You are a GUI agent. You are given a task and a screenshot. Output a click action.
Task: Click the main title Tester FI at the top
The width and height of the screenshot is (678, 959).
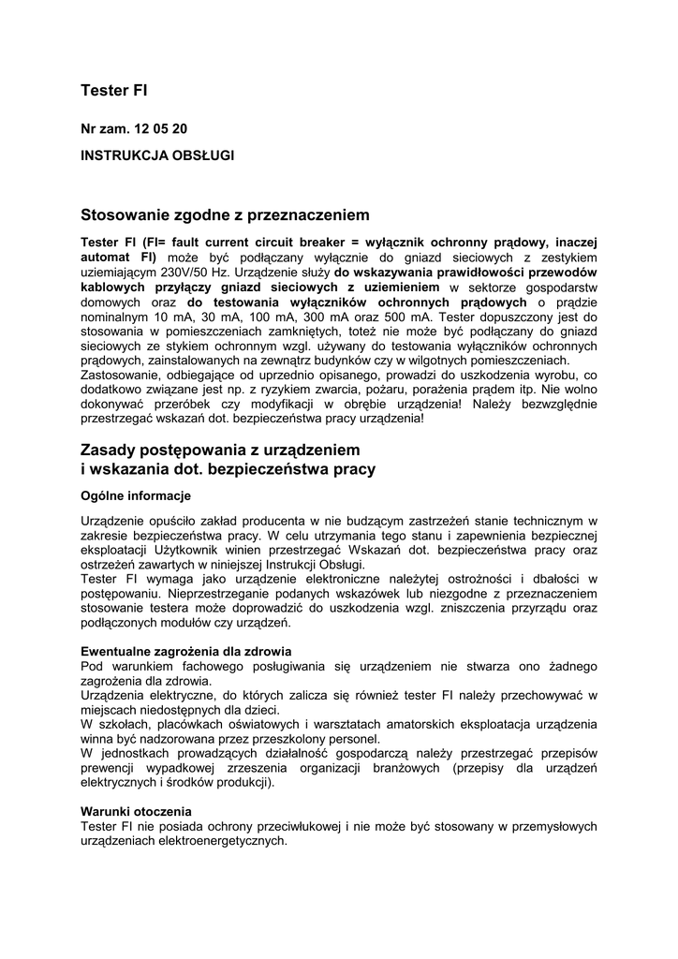(114, 91)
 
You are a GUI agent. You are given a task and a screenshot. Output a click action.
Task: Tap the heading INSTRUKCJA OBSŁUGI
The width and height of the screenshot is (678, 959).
(157, 155)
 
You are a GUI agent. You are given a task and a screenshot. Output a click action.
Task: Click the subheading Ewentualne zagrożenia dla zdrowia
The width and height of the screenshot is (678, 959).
(186, 651)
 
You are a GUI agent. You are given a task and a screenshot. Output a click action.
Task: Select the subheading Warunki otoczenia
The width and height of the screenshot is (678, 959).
(137, 811)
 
